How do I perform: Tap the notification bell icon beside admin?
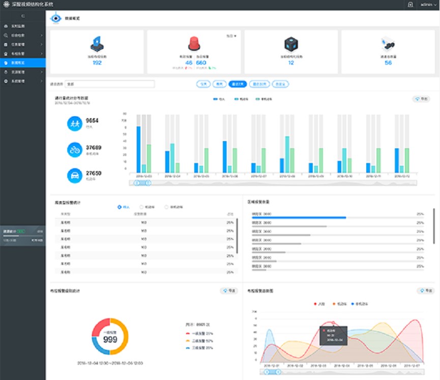410,5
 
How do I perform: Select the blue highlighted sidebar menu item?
23,62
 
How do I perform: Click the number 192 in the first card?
97,63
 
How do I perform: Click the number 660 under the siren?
201,63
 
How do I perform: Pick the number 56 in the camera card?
388,63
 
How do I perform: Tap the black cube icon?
291,43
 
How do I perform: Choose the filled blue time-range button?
238,84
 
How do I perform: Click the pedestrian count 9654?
92,121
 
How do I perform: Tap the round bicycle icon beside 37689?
75,150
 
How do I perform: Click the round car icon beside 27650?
75,175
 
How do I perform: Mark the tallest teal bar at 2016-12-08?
287,154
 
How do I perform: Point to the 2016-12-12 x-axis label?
405,176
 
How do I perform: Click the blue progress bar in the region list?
299,218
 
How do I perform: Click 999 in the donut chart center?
110,339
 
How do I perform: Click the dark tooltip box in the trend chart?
333,336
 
